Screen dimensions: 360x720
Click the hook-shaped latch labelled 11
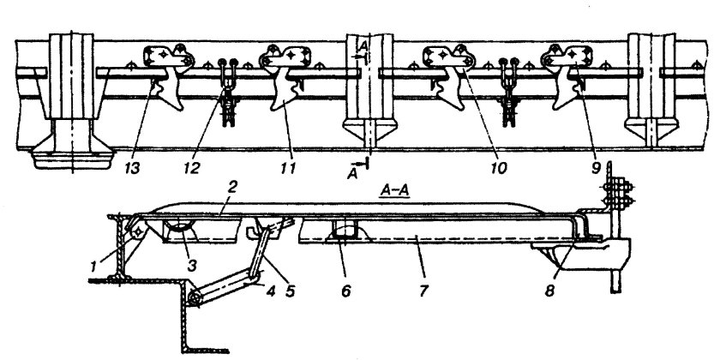click(285, 90)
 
